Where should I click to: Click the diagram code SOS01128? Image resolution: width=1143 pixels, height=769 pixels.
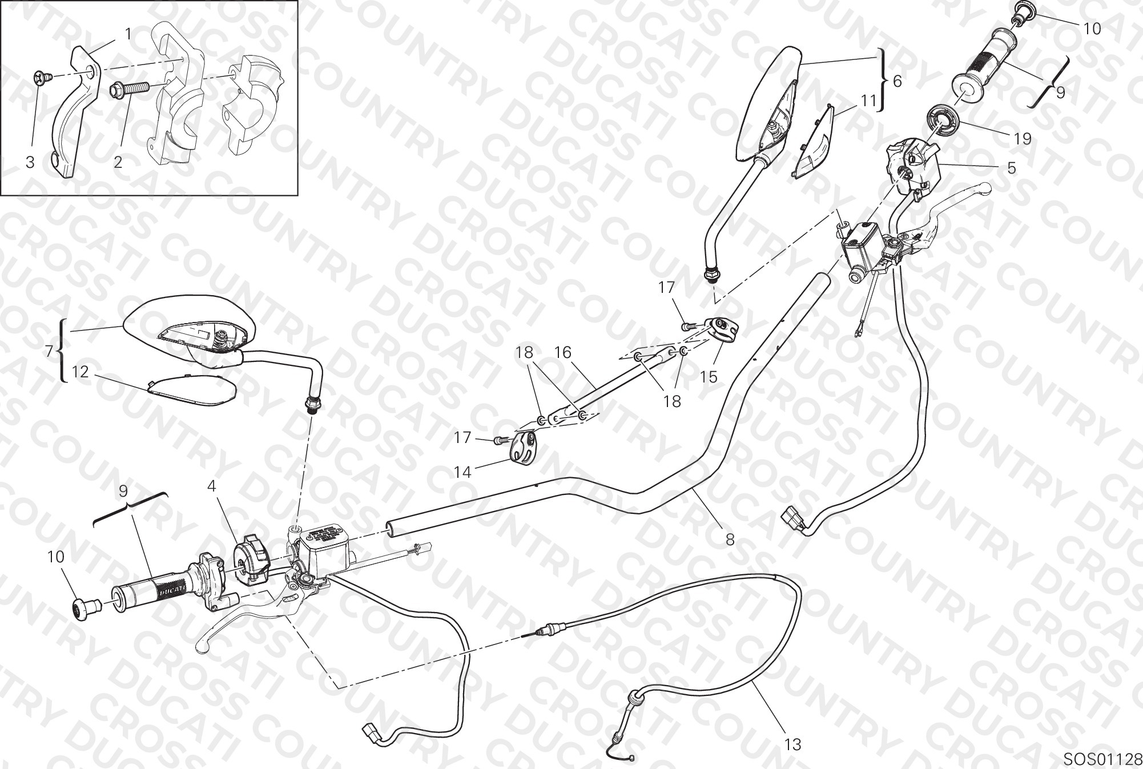[1102, 758]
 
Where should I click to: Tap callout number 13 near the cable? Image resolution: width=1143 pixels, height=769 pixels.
[792, 744]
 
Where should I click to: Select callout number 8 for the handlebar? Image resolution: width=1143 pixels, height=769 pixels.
[730, 539]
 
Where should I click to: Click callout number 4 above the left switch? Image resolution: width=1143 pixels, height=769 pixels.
[212, 486]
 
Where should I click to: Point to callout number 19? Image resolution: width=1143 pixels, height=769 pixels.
[1023, 139]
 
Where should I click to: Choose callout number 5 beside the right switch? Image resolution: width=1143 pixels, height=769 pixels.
[1011, 168]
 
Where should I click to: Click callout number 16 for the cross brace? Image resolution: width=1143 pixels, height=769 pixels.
[562, 353]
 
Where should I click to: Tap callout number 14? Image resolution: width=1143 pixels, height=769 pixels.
[462, 472]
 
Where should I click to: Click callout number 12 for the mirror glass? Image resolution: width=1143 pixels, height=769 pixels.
[81, 372]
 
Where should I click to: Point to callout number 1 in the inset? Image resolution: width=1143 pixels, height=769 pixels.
[128, 34]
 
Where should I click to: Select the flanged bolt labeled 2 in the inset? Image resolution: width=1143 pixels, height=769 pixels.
[128, 88]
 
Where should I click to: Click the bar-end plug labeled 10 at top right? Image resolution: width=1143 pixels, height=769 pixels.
[1022, 12]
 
